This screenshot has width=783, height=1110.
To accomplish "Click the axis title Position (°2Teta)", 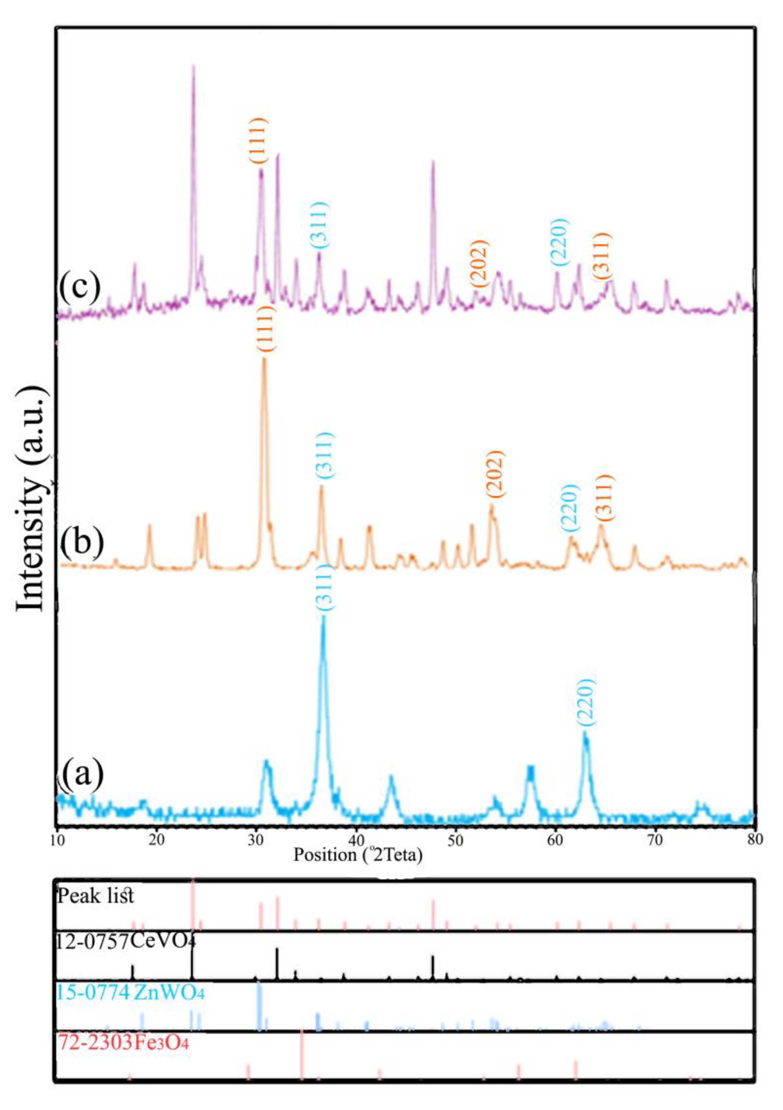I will click(x=358, y=855).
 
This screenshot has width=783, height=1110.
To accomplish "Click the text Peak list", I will click(x=96, y=896).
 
